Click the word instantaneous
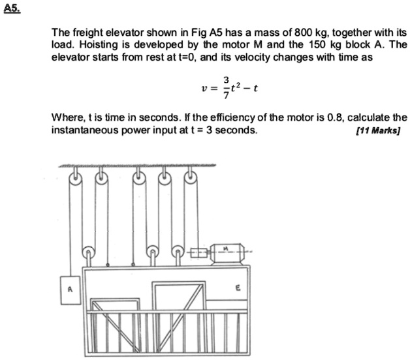[80, 130]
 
